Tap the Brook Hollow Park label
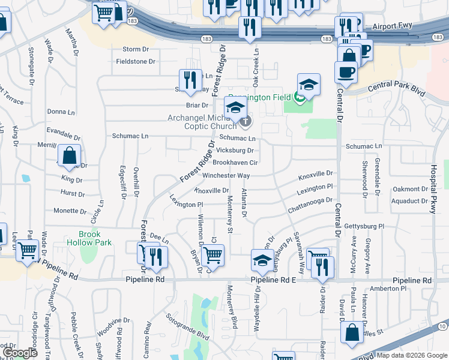[89, 238]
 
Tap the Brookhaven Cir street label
[235, 163]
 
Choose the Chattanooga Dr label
[310, 205]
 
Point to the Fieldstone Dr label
[135, 61]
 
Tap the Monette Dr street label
[70, 211]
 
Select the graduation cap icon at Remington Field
[309, 85]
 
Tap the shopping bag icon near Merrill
[70, 155]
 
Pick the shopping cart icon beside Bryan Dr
[213, 255]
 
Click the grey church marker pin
[246, 122]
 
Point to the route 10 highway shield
[443, 326]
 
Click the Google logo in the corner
[20, 353]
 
